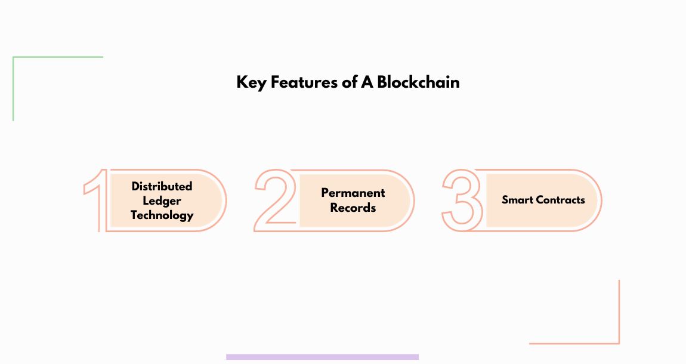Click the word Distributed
[162, 186]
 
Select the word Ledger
[162, 200]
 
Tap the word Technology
[162, 215]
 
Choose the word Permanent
[353, 193]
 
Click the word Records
[353, 208]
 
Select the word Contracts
[560, 200]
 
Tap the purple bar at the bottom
[322, 357]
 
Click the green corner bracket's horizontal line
[58, 57]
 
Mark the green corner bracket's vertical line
[13, 90]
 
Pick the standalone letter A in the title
[367, 82]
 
